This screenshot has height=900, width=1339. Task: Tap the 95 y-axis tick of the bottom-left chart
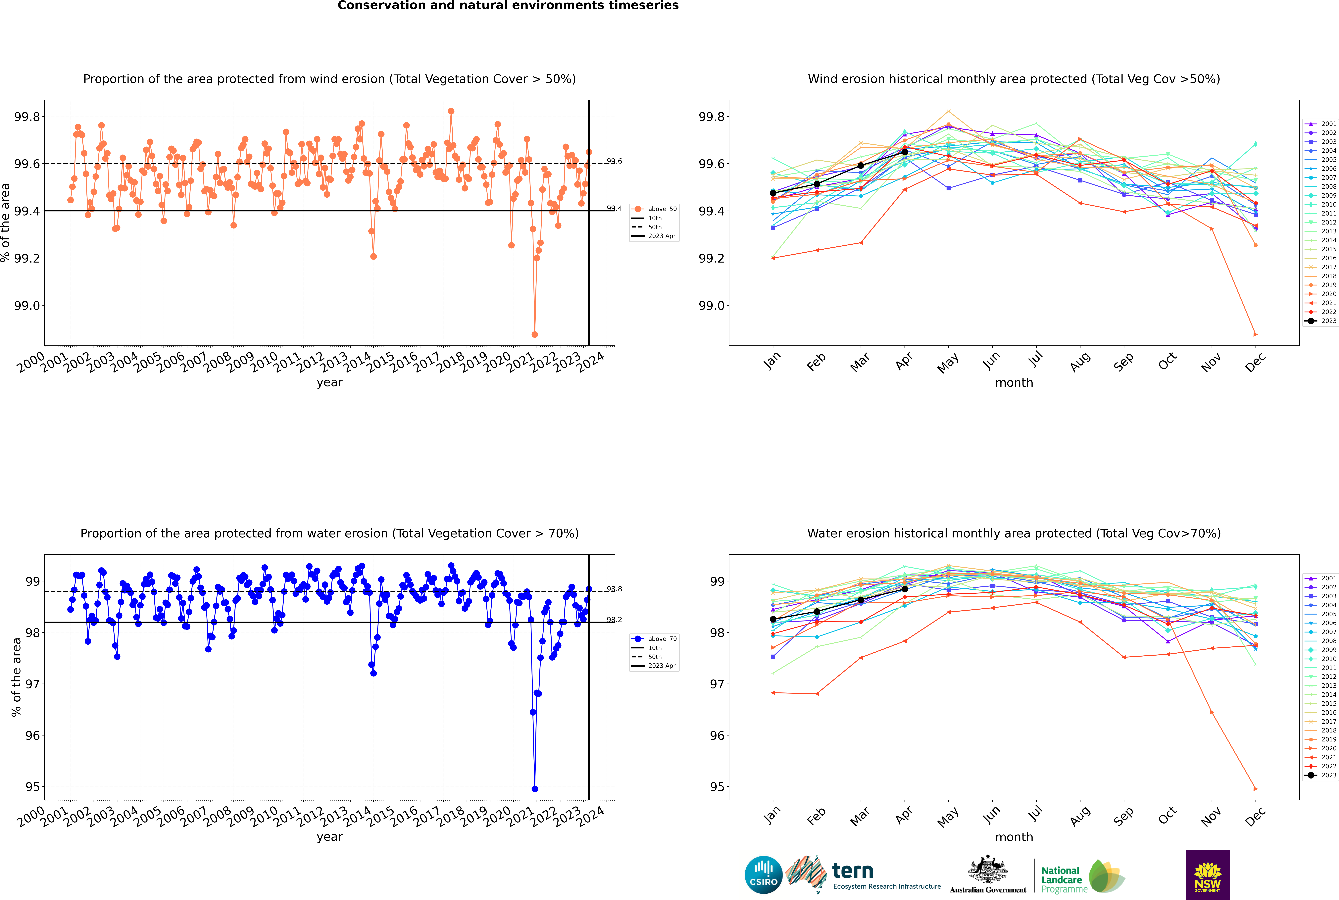[33, 787]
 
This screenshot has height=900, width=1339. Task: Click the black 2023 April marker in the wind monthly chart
[905, 152]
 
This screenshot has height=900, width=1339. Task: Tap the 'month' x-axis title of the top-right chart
[1014, 383]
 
